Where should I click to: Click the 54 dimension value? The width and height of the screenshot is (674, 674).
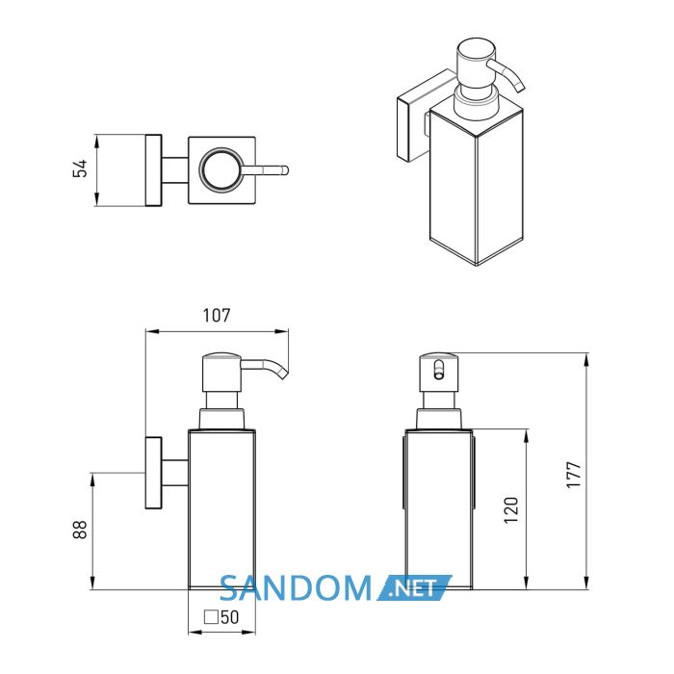point(80,168)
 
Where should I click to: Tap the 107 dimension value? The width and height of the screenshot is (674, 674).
point(217,316)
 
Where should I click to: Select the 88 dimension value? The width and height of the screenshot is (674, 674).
point(80,530)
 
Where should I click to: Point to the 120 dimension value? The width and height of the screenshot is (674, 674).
point(511,510)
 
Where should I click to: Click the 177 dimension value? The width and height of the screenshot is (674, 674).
point(574,475)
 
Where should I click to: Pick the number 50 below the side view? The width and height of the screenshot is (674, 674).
point(229,617)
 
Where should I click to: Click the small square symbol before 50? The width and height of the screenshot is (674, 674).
point(211,617)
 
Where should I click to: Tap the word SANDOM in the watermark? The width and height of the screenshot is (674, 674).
point(296,588)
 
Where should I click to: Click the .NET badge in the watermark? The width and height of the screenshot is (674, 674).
point(414,588)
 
